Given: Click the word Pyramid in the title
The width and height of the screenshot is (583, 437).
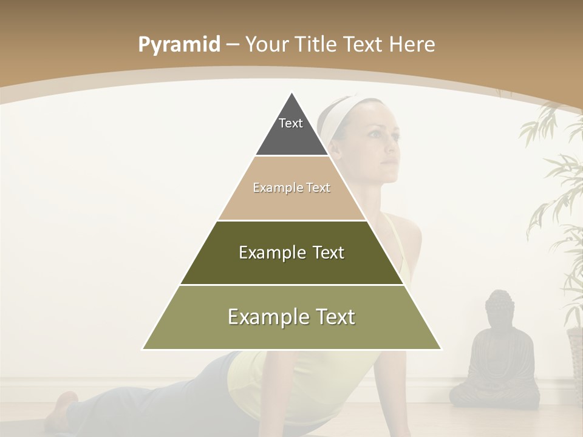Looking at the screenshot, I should (179, 45).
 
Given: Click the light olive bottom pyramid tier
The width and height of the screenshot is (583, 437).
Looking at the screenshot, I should (291, 331).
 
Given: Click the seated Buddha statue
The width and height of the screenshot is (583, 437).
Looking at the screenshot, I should (495, 358).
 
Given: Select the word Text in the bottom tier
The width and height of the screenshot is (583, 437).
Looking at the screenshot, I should (332, 317).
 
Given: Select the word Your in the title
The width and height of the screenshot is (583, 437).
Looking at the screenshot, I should (267, 45).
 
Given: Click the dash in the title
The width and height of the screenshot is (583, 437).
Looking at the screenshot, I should (233, 45).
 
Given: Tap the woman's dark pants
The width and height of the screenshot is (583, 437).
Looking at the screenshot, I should (152, 395).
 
